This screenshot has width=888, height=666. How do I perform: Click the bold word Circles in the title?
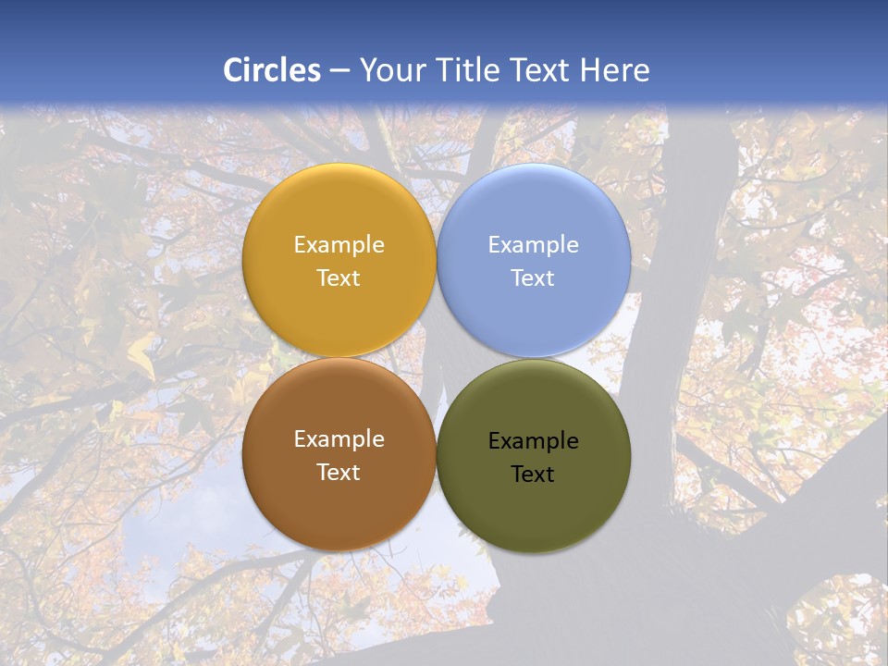[272, 70]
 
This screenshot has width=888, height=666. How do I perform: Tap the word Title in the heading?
[466, 70]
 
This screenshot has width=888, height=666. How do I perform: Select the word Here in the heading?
[614, 70]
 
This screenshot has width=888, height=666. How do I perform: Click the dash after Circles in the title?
[339, 71]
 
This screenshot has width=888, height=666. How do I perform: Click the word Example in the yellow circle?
[339, 245]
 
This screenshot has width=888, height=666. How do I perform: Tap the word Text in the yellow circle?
[339, 278]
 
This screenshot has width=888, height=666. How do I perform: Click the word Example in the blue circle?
[533, 245]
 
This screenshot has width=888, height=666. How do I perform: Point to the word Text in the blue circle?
[533, 278]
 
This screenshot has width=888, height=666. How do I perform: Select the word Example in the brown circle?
[339, 439]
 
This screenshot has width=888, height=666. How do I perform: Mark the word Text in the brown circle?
[339, 473]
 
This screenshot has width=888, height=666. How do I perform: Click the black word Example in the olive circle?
[533, 441]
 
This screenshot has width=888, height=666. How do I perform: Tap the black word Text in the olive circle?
[533, 475]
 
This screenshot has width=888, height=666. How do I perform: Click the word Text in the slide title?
[540, 70]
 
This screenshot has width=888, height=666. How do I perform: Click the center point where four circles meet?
[437, 358]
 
